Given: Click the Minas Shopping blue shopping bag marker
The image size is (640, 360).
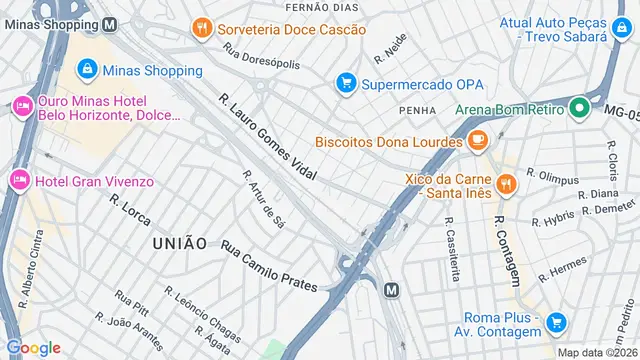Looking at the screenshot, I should [87, 69].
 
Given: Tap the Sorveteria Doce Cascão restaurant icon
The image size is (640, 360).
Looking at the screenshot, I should [202, 28].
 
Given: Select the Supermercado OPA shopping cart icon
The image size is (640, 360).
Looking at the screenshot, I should [346, 83].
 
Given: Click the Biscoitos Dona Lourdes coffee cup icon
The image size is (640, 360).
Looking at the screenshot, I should [478, 140].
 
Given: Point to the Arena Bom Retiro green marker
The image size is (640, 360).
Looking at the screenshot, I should [578, 108].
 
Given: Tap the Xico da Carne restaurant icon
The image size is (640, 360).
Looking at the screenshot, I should [505, 183].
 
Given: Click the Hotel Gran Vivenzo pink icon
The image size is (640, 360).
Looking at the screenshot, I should [19, 180].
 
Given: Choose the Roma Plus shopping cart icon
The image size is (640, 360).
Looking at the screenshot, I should [557, 322].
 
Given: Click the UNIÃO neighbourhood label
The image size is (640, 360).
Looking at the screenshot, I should [180, 243].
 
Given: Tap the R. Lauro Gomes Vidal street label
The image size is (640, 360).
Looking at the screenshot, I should [267, 139].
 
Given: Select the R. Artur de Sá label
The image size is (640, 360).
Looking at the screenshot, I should [264, 197].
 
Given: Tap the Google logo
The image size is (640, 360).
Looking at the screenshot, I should [33, 347].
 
